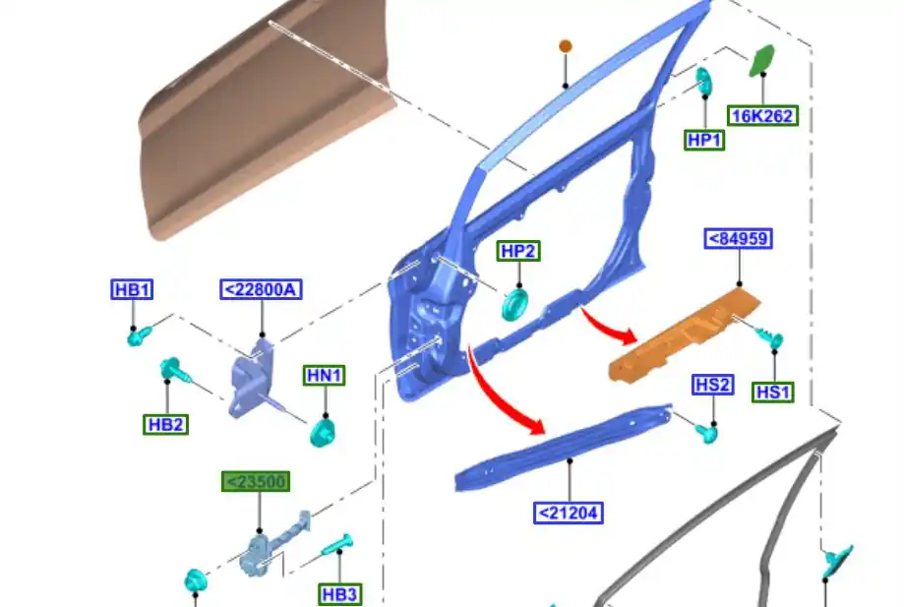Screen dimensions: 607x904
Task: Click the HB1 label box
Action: click(132, 289)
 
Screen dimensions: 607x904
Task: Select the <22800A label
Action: click(261, 289)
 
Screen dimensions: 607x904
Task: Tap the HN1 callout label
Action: click(325, 375)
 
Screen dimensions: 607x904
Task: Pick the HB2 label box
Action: click(165, 424)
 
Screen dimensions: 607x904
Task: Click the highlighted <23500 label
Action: click(255, 482)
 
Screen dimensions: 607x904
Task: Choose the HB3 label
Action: click(339, 594)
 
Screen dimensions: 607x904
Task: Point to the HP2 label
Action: click(518, 251)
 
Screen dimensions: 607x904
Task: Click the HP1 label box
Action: click(704, 140)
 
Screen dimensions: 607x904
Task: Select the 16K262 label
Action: click(762, 115)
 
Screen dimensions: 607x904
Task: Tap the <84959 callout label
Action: click(738, 238)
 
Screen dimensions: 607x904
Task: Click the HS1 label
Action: click(773, 392)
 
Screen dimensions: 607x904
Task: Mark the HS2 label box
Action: click(712, 385)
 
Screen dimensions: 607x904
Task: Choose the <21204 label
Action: click(569, 513)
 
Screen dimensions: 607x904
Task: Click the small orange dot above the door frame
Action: click(566, 46)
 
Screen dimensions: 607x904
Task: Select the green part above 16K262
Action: click(762, 60)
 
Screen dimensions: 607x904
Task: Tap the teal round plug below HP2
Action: click(515, 304)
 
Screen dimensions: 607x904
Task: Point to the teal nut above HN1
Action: click(322, 432)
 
